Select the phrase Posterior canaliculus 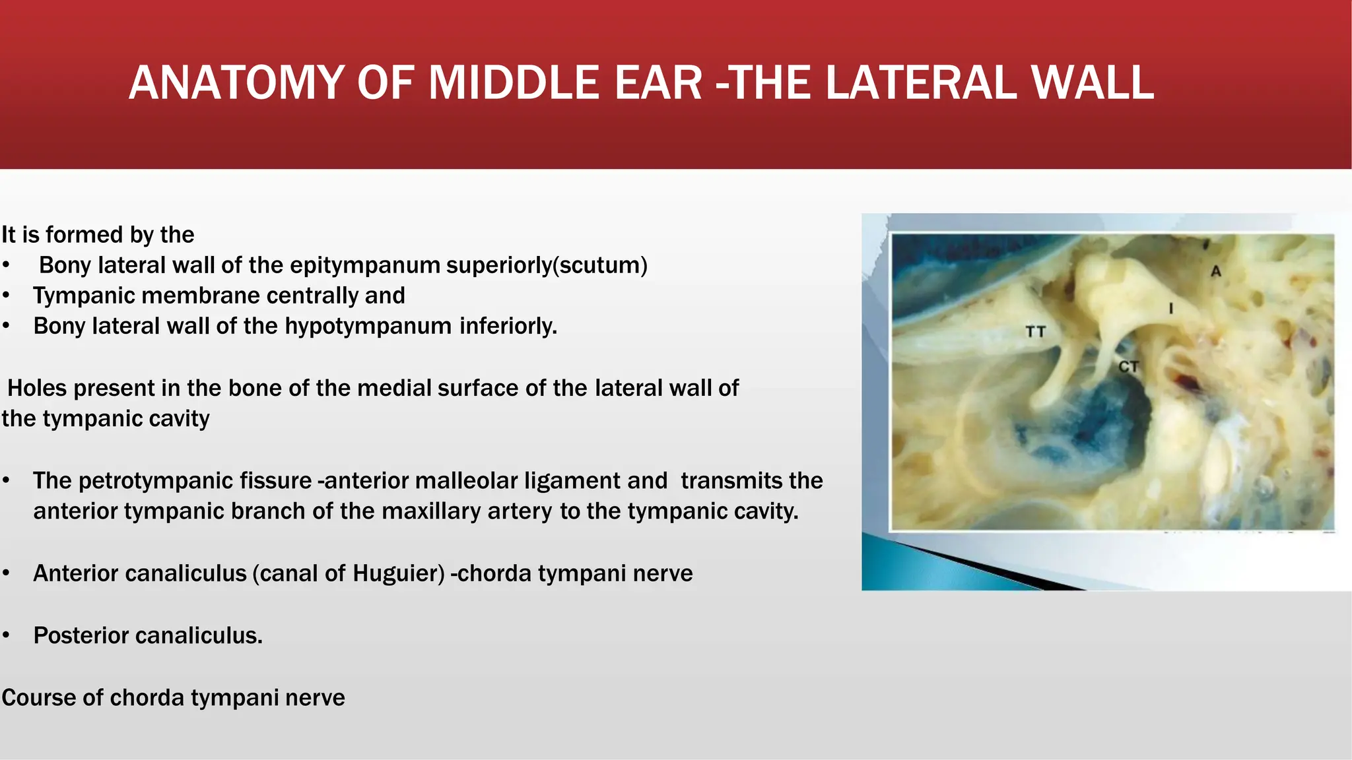click(x=148, y=635)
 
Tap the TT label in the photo click(x=1035, y=331)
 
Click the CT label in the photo click(x=1128, y=366)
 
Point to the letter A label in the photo click(x=1216, y=271)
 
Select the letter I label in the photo click(x=1171, y=308)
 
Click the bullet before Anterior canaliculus click(x=6, y=573)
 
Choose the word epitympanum click(x=365, y=265)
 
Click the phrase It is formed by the click(x=98, y=235)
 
